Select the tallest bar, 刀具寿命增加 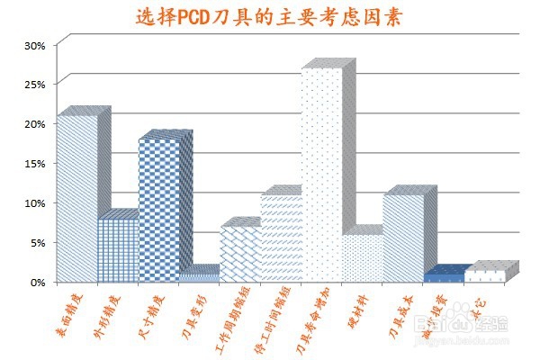(x=321, y=175)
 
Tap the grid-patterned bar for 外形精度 (x=118, y=249)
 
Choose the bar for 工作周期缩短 (x=240, y=254)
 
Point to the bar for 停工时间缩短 (x=281, y=238)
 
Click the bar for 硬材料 (x=362, y=257)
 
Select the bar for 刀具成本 (x=403, y=238)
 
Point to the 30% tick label (x=34, y=45)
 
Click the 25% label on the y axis (x=34, y=85)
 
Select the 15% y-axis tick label (x=34, y=164)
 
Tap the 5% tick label (x=37, y=242)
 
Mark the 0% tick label (x=37, y=282)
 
